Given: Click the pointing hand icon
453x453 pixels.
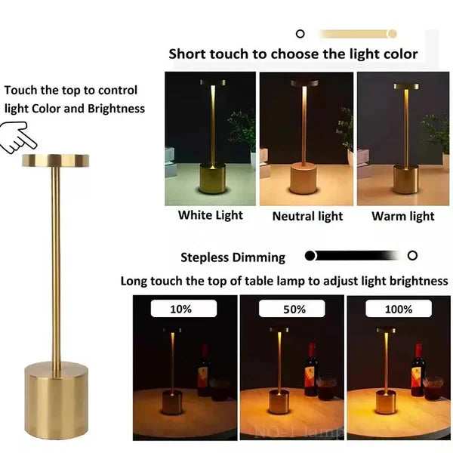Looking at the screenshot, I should click(19, 138).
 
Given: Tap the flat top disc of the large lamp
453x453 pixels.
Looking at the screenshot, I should click(55, 160).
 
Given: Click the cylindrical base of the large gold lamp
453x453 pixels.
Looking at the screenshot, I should click(56, 399).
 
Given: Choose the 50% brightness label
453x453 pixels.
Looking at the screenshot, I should click(294, 309).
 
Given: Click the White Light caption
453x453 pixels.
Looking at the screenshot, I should click(210, 215).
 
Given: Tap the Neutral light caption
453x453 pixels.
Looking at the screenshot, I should click(307, 217).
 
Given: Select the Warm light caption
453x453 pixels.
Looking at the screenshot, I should click(402, 217).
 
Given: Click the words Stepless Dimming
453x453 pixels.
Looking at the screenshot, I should click(233, 257).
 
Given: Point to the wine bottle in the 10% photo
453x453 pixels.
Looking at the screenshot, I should click(203, 371).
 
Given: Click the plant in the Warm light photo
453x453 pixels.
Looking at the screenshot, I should click(437, 131).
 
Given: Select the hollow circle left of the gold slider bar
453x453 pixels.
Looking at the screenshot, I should click(300, 33).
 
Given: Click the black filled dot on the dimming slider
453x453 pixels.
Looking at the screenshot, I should click(310, 256).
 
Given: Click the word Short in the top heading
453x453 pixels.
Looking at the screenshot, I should click(186, 54).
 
